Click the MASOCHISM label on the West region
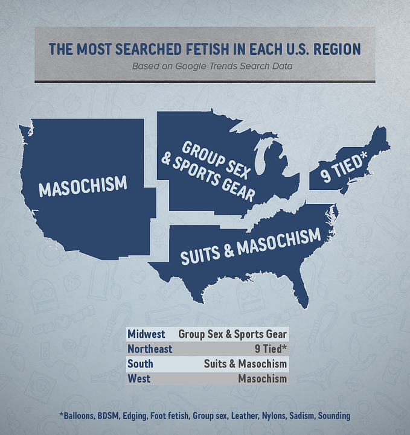(x=83, y=186)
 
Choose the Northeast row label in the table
(x=150, y=349)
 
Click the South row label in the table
(x=140, y=364)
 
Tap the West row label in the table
(x=139, y=379)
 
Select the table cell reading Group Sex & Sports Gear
(x=232, y=334)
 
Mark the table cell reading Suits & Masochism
(x=245, y=364)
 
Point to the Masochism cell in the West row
(x=261, y=379)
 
